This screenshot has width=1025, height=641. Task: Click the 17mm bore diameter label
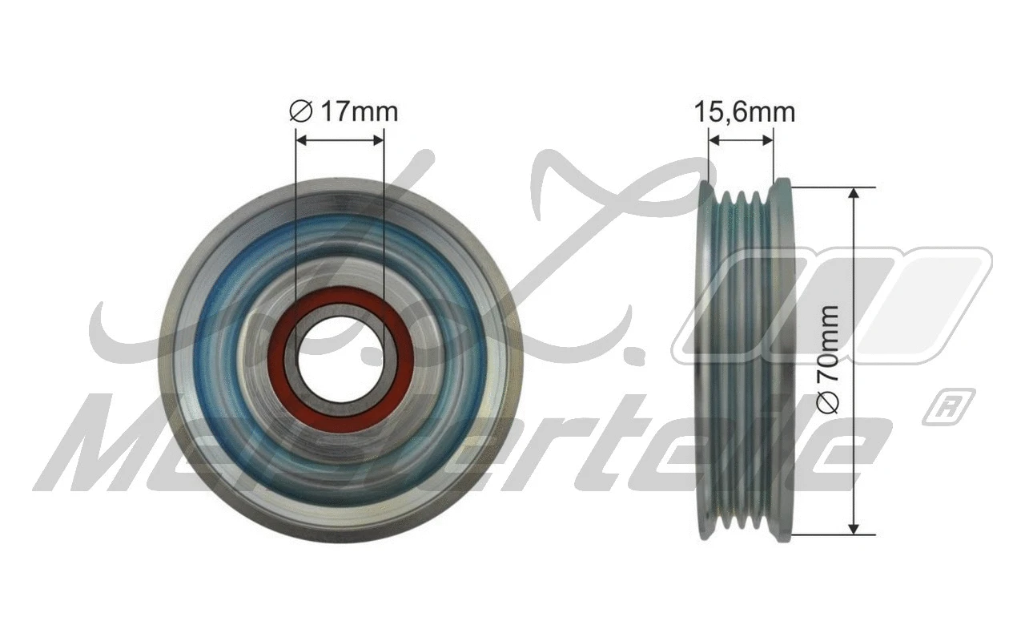coord(344,111)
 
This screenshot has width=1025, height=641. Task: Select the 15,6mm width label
coord(744,112)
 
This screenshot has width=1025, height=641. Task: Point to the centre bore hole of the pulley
coord(340,359)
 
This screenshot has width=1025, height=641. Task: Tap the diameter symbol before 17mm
coord(300,112)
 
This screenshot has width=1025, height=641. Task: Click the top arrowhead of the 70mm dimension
coord(854,195)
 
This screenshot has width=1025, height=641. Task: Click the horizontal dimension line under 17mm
coord(340,139)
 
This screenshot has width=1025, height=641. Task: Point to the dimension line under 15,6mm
coord(741,139)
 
